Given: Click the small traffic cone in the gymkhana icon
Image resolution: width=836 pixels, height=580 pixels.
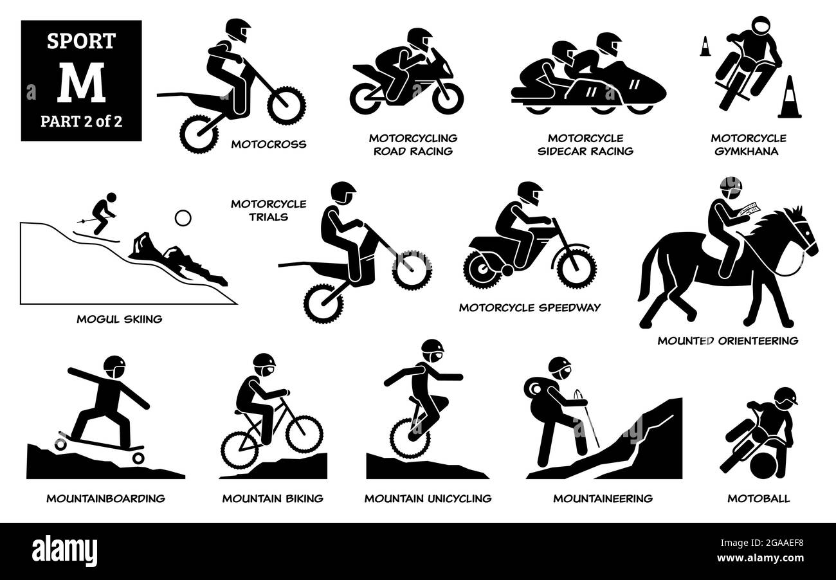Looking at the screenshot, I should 705,46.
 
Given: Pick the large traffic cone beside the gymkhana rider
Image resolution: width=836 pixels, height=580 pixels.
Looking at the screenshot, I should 789,98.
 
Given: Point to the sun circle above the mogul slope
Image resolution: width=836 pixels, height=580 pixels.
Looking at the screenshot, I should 183,218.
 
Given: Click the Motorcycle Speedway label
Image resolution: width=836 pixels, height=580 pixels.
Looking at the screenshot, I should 529,307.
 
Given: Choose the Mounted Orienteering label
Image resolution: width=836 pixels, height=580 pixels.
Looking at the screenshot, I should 727,341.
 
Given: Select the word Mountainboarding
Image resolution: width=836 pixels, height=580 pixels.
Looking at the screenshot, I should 105,498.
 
